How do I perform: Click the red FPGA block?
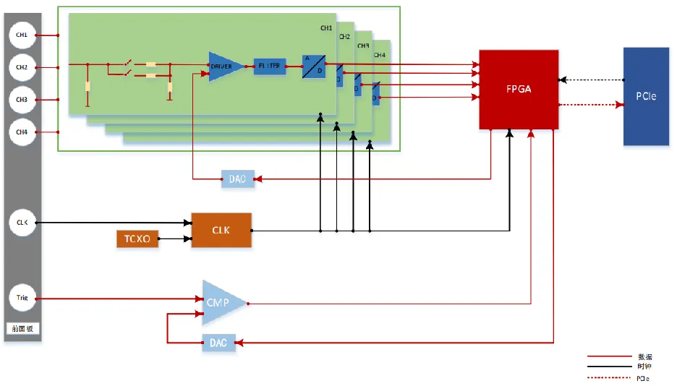(x=519, y=90)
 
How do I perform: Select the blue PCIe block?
(x=646, y=96)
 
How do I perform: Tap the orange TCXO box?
(x=137, y=239)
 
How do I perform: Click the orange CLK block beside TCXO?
(x=221, y=231)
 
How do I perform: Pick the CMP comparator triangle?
(x=220, y=302)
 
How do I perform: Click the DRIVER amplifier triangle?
(x=222, y=67)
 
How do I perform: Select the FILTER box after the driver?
(x=270, y=67)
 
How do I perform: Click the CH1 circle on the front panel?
(x=22, y=35)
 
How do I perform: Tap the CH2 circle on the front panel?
(x=22, y=67)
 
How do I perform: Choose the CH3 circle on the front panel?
(x=22, y=99)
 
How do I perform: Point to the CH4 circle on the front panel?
(x=22, y=132)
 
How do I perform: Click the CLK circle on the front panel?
(x=22, y=223)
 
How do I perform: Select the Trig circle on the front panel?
(x=22, y=297)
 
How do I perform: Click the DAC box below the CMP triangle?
(x=218, y=343)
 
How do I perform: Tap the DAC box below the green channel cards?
(x=238, y=179)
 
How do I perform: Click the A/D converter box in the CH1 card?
(x=314, y=67)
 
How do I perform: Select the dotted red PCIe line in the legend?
(x=609, y=377)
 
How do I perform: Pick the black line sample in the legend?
(x=609, y=367)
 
